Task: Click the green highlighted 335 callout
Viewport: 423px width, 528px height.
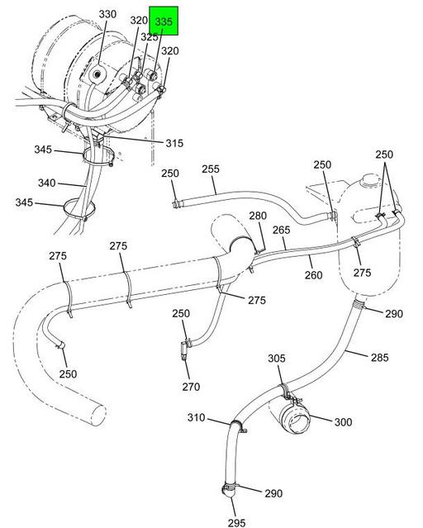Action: click(163, 22)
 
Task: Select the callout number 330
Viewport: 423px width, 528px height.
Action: click(108, 15)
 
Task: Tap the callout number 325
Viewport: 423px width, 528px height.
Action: click(149, 37)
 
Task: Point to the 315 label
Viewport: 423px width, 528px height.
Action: click(173, 143)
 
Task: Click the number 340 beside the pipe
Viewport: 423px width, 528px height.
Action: click(46, 183)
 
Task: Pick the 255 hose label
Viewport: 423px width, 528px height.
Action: click(211, 169)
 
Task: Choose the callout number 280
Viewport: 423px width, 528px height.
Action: click(259, 216)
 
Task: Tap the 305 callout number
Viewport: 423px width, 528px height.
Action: click(277, 358)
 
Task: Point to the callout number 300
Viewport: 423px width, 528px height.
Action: click(343, 422)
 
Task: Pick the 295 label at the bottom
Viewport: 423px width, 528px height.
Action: click(237, 521)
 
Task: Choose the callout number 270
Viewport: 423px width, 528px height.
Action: click(192, 387)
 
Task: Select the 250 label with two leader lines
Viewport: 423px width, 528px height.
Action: click(384, 155)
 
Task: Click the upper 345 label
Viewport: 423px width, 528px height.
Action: click(44, 150)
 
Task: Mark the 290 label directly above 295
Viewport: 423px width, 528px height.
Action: click(273, 493)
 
